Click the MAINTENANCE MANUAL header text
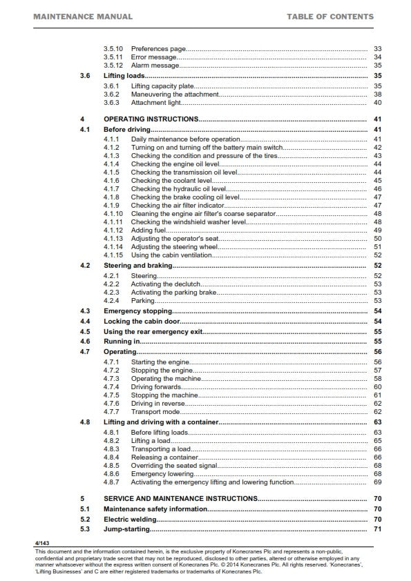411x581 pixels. click(x=78, y=17)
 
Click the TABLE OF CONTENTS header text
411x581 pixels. click(x=330, y=17)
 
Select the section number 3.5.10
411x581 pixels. click(x=113, y=49)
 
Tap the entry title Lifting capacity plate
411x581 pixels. click(x=164, y=86)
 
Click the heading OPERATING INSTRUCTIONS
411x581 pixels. click(x=151, y=119)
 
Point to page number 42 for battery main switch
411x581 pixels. click(x=377, y=148)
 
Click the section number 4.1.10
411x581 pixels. click(x=113, y=214)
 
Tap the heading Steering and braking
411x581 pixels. click(x=137, y=265)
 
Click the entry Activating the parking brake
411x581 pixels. click(x=170, y=293)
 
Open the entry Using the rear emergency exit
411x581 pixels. click(x=153, y=331)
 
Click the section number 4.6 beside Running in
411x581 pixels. click(x=85, y=342)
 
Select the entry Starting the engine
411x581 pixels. click(x=159, y=362)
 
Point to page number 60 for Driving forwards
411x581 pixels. click(x=377, y=387)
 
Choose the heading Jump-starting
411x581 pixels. click(x=126, y=529)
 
